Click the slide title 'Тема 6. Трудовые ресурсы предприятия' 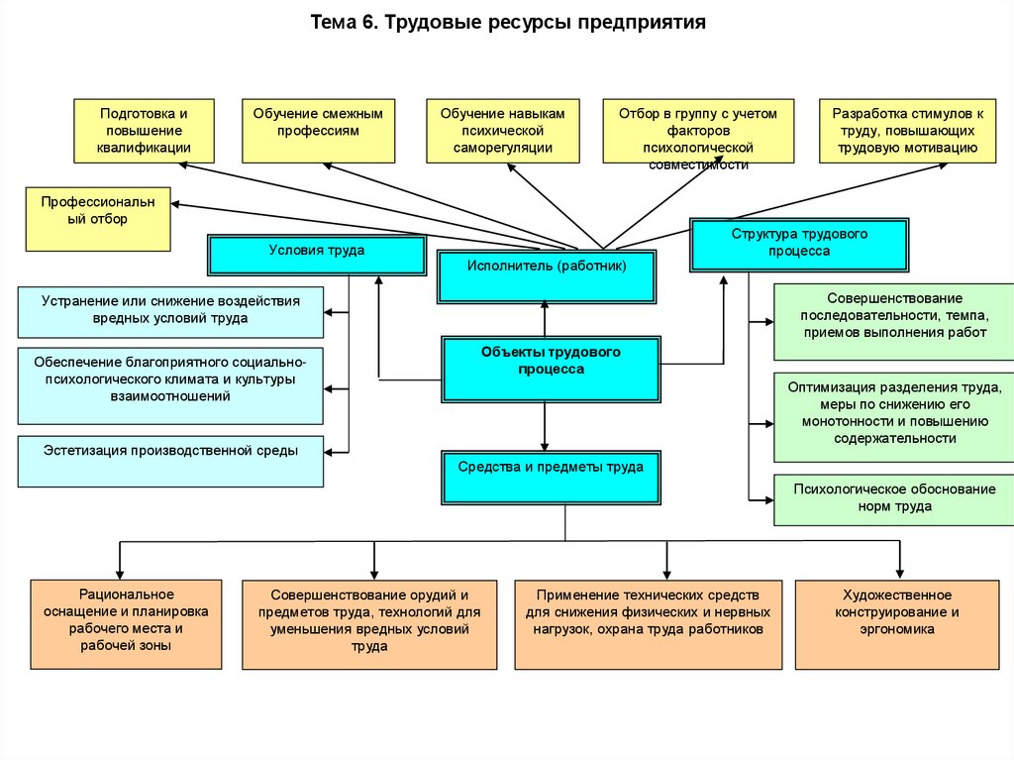pos(508,22)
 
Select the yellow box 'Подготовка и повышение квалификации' pos(144,131)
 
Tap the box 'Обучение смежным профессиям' pos(318,131)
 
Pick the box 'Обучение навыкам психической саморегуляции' pos(502,131)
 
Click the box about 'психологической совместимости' pos(698,131)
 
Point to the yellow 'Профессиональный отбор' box pos(98,218)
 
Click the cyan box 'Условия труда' pos(316,254)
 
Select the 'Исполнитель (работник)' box pos(547,276)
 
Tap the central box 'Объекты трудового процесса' pos(552,369)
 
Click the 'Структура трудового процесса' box pos(799,245)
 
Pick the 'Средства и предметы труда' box pos(551,478)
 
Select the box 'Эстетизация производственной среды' pos(170,461)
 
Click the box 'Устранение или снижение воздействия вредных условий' pos(170,312)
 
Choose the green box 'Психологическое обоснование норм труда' pos(894,500)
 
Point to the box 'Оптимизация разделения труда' pos(894,416)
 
